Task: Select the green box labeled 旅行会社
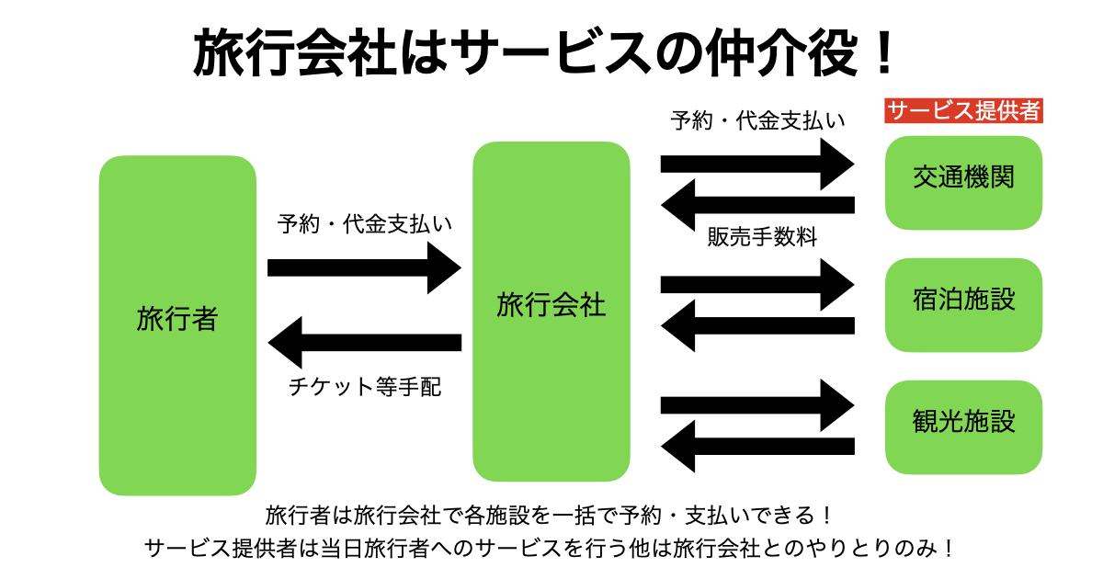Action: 551,308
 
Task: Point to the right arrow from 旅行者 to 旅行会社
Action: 363,267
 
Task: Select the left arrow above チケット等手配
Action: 363,343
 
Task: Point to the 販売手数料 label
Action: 762,237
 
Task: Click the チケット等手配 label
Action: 364,387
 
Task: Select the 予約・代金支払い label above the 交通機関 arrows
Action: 757,121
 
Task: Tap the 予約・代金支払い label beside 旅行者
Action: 365,223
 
